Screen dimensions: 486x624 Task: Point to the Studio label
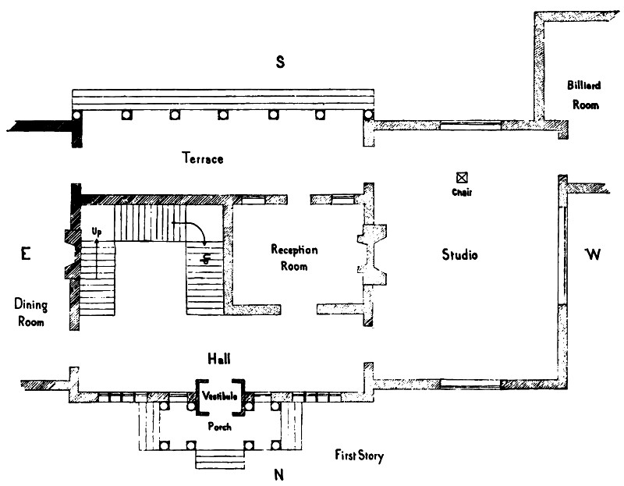pos(459,255)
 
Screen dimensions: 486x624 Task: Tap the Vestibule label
pos(220,396)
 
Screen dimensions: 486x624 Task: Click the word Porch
pos(219,427)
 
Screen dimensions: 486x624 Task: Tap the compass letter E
pos(25,253)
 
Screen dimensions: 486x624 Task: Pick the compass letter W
pos(593,254)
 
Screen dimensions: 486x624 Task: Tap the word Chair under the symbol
pos(462,192)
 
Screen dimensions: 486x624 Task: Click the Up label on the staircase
pos(97,232)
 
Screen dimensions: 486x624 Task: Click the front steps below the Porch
pos(219,459)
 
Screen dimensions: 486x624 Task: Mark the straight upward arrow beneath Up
pos(97,257)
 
